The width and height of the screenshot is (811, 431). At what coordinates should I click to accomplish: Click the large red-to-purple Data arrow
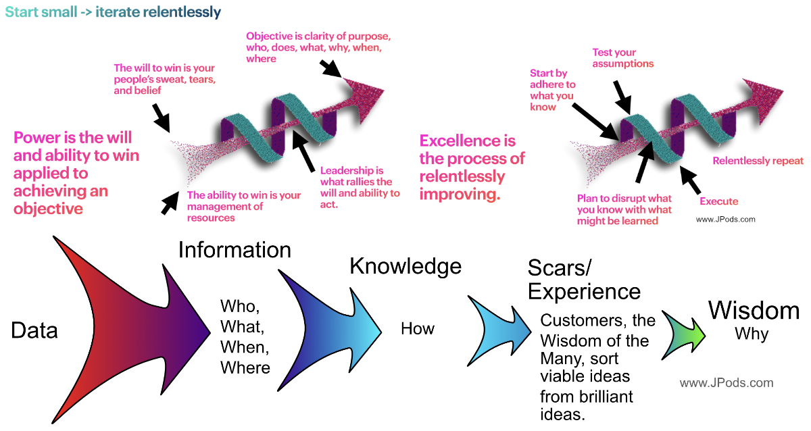point(128,324)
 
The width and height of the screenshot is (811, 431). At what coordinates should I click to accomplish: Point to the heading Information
point(235,250)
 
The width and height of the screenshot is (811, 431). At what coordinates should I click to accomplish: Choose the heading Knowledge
point(405,266)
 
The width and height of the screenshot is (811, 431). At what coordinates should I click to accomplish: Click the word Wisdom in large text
point(754,310)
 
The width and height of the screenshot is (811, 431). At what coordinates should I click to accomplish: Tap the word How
point(418,329)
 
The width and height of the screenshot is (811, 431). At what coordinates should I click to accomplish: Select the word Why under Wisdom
point(752,334)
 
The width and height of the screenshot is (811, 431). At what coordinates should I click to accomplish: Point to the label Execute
point(718,201)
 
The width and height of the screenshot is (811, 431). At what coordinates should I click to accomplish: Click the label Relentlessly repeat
point(758,161)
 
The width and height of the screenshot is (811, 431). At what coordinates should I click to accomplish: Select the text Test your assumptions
point(622,58)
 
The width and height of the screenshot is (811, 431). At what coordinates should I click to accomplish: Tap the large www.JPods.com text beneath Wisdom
point(726,383)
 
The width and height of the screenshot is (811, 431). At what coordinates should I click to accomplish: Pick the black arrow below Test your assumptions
point(622,95)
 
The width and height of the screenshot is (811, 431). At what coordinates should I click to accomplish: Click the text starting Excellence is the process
point(472,168)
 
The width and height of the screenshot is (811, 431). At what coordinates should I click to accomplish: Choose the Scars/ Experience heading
point(583,280)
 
